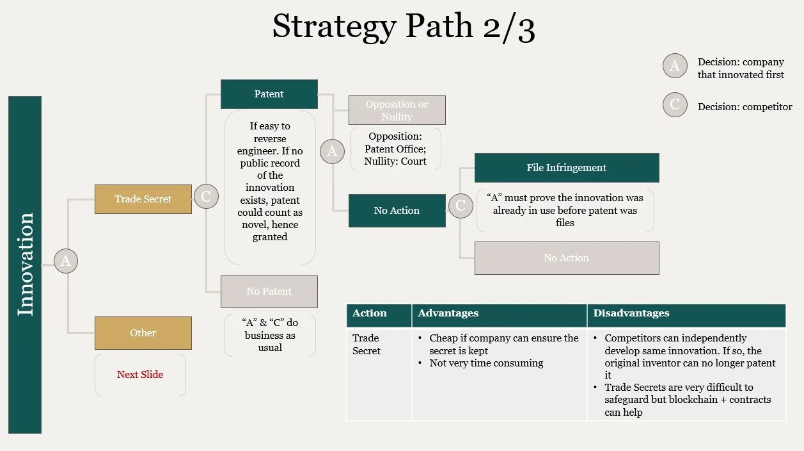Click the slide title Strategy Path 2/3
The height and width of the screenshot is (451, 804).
coord(403,27)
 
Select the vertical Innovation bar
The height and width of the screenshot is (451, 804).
coord(25,265)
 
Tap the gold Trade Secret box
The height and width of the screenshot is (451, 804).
coord(143,199)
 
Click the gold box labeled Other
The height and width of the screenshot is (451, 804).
coord(143,333)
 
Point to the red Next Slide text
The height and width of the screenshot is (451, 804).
coord(140,375)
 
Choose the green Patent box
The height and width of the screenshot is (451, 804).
coord(269,94)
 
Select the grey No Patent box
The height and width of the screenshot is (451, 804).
coord(269,291)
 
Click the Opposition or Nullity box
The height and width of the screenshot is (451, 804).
coord(397,110)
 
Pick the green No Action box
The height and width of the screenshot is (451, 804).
coord(397,211)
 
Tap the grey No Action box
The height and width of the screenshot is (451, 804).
coord(566,258)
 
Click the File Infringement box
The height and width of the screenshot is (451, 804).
coord(566,168)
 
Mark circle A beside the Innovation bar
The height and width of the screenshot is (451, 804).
coord(65,261)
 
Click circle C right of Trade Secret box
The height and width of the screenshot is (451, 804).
coord(206,197)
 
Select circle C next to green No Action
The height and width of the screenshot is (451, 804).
coord(460,206)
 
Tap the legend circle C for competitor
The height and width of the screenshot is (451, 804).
coord(675,105)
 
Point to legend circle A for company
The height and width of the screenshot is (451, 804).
coord(675,65)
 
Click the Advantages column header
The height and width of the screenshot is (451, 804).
coord(448,313)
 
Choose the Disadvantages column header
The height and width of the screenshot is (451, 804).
coord(631,313)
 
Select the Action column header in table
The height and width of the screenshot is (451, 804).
coord(370,313)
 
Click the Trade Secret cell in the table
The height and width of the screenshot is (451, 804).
coord(367,345)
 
